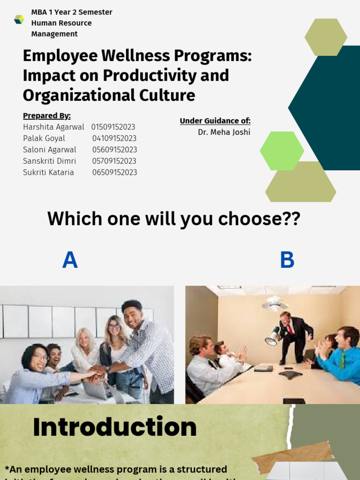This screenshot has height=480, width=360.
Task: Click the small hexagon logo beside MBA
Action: pos(19,19)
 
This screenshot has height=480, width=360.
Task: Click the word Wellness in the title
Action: pos(141,56)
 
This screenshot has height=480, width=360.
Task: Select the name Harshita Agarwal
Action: pos(53,127)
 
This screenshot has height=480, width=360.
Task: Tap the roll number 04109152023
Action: pos(114,138)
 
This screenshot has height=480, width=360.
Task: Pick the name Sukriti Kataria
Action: pos(48,172)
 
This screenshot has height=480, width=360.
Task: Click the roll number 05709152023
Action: pos(114,161)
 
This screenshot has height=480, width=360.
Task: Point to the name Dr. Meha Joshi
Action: pos(224,132)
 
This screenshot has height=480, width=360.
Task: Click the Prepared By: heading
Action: pos(46,116)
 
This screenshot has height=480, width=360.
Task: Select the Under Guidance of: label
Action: pos(215,121)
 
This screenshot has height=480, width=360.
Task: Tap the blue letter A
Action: pos(70,260)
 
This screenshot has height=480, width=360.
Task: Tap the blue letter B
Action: pos(287,260)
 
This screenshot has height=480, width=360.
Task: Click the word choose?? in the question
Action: pos(262,218)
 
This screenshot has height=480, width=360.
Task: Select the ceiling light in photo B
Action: pos(275,305)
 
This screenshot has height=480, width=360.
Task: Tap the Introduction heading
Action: pos(115,427)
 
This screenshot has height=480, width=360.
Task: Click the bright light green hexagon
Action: pos(282,151)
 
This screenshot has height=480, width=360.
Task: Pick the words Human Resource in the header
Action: pos(61,23)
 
